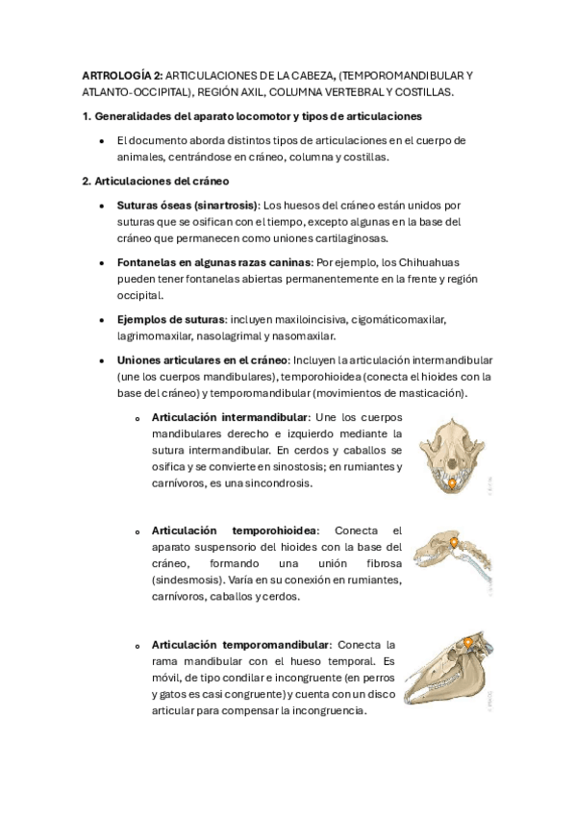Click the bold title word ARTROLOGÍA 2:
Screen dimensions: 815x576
(x=122, y=74)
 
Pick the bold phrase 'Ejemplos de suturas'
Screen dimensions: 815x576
(x=170, y=319)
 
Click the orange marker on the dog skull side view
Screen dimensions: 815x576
(x=453, y=544)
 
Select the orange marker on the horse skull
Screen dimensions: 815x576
(x=468, y=642)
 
